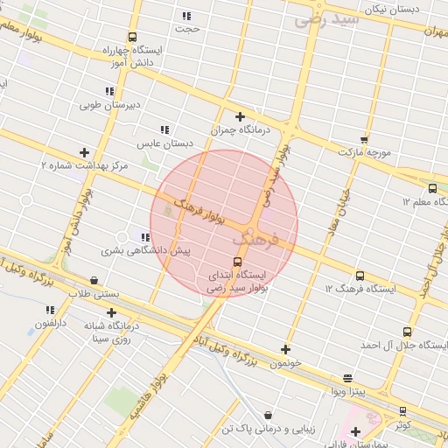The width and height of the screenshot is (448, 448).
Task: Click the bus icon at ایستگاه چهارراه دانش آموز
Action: point(132,37)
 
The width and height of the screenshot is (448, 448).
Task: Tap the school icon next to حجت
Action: point(185,16)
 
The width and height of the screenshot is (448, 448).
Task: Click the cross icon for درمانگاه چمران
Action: point(240,116)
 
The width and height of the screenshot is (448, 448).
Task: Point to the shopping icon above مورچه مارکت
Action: point(364,139)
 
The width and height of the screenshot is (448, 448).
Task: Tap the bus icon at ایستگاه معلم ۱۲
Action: point(432,188)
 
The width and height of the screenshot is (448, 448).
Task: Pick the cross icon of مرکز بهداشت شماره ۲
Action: point(84,152)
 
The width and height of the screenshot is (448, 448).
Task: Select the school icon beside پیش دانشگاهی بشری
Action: point(144,237)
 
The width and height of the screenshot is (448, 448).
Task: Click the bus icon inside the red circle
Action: point(237,262)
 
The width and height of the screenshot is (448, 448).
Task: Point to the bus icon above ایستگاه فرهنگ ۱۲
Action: point(360,276)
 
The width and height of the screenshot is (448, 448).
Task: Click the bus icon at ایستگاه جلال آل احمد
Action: point(407,332)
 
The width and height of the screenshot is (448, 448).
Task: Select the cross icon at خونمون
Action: point(285,349)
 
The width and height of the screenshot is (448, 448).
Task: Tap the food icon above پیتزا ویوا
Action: point(348,379)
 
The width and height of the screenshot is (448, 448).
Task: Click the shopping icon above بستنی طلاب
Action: point(94,280)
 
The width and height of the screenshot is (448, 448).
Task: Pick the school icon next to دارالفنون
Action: point(50,310)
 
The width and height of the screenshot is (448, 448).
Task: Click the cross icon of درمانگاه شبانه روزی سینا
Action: point(111,312)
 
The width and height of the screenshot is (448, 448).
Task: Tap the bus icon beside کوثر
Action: point(402,410)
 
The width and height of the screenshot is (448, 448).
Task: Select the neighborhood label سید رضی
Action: point(327,18)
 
